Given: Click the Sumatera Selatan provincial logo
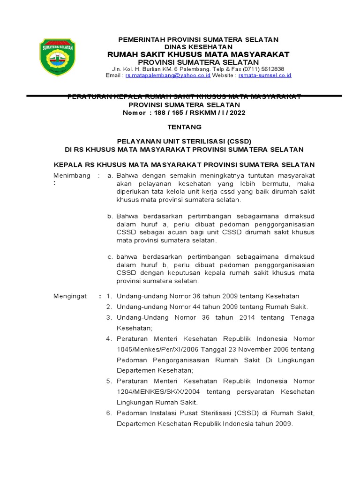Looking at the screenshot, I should tap(56, 57).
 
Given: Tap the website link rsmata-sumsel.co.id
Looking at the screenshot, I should tap(265, 75).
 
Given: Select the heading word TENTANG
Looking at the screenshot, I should tap(184, 127).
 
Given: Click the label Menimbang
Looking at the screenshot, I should tap(72, 175).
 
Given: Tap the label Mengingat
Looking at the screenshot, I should tap(71, 296).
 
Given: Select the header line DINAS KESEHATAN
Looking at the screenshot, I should tap(198, 47).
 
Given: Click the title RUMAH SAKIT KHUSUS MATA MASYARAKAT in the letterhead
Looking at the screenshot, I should tap(198, 55).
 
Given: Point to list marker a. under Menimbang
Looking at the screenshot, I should tap(110, 175).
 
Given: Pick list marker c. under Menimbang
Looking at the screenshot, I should tap(110, 257).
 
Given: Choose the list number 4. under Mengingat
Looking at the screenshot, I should tap(108, 338).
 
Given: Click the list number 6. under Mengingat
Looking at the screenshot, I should tap(108, 413).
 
